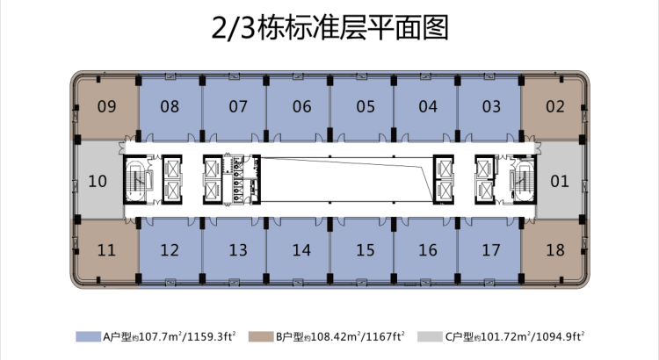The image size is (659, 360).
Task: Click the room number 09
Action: (x=106, y=107)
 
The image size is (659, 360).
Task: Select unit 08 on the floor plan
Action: (x=170, y=107)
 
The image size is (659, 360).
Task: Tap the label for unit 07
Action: (x=237, y=107)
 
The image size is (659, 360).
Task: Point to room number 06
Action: (x=301, y=107)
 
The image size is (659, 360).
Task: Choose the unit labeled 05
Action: (x=366, y=107)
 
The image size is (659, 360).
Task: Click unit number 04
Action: (x=428, y=107)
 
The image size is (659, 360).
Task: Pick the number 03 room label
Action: (x=491, y=107)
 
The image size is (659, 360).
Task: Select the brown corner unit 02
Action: (x=554, y=107)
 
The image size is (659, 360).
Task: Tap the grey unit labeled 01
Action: (x=559, y=182)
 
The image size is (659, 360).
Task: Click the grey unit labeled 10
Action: (x=98, y=182)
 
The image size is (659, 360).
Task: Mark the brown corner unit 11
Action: (x=106, y=250)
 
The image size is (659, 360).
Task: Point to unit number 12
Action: (x=170, y=250)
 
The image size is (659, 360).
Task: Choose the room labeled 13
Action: (x=237, y=250)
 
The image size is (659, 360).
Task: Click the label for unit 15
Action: (x=366, y=250)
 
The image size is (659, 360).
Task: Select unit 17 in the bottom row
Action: (x=491, y=250)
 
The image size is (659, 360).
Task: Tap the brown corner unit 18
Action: (x=554, y=250)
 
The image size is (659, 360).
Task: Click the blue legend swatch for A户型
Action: (x=89, y=335)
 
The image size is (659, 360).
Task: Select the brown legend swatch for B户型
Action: (x=261, y=335)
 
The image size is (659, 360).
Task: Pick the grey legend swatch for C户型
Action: (x=430, y=335)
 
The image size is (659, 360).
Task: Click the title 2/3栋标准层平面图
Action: (x=329, y=27)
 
